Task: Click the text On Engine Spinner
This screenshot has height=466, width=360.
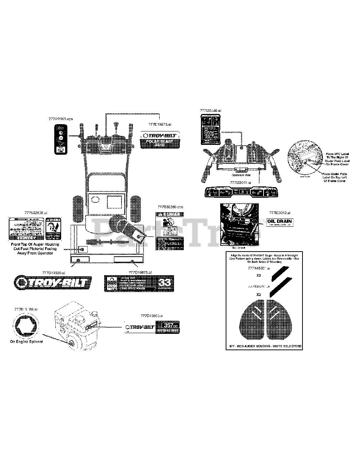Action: [26, 341]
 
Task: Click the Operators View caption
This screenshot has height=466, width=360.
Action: [241, 175]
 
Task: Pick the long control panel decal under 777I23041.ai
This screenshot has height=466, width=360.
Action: [239, 192]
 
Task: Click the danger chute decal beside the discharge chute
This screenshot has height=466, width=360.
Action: [169, 231]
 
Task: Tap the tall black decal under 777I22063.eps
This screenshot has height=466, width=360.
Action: [60, 139]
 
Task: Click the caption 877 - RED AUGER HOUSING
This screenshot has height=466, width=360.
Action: [264, 346]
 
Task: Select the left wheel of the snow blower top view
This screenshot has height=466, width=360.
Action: [78, 209]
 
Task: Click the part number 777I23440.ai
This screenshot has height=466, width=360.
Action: [210, 110]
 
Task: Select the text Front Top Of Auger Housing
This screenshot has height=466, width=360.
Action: [35, 245]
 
